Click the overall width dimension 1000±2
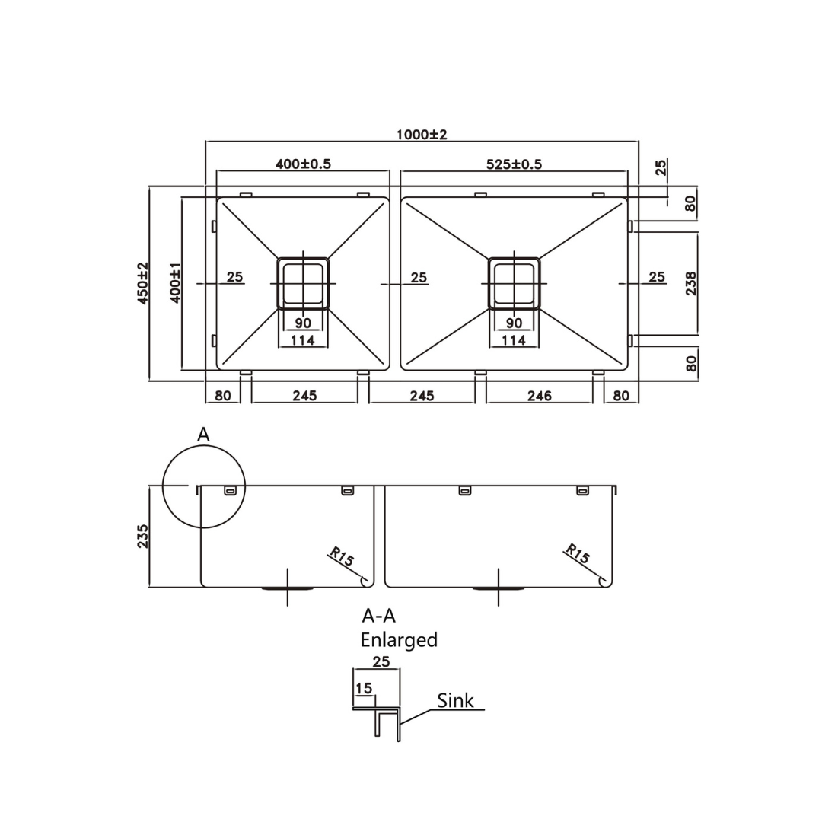point(422,135)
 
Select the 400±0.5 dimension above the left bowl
point(303,164)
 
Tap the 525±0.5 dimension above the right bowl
point(514,164)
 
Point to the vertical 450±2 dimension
point(142,283)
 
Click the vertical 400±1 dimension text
point(175,283)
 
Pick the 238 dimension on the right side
point(690,283)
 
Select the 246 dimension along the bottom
point(539,396)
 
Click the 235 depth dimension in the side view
point(142,536)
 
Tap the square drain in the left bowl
point(303,282)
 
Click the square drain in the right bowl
point(515,282)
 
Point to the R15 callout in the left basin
point(342,556)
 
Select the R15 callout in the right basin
point(577,554)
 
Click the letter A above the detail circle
point(203,435)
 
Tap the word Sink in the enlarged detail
point(455,701)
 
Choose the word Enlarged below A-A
point(399,640)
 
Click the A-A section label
point(378,616)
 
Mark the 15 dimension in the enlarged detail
point(364,688)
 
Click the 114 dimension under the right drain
point(514,340)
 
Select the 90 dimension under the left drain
point(303,323)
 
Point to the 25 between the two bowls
point(419,278)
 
